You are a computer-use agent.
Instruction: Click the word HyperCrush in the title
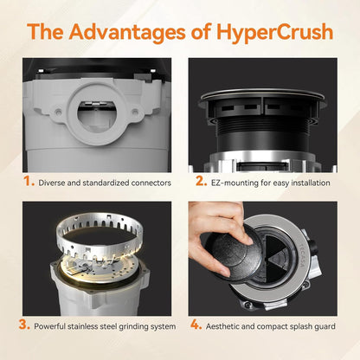tap(274, 32)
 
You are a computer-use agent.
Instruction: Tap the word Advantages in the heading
tap(126, 32)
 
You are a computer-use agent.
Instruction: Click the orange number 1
tap(29, 182)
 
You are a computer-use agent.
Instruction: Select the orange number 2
tap(201, 182)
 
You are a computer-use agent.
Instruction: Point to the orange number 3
tap(24, 325)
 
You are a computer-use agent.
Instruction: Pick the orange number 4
tap(196, 325)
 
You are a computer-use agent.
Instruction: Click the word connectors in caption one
tap(151, 183)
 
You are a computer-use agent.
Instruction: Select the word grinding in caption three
tap(133, 326)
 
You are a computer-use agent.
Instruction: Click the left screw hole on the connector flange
tap(59, 112)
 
